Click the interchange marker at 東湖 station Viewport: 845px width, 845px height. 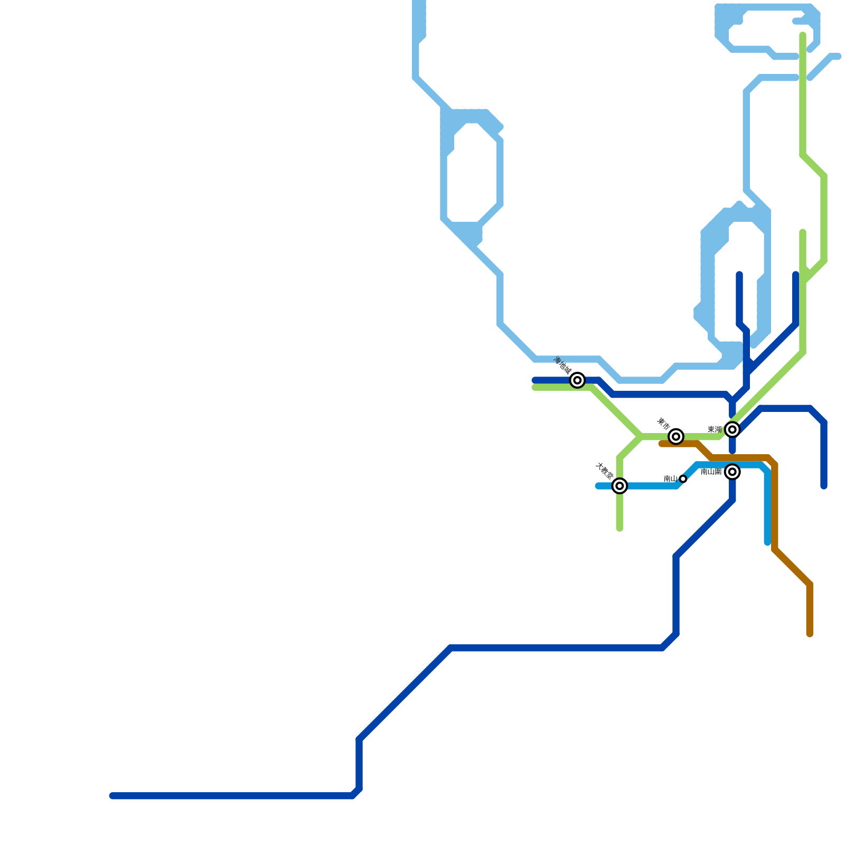[x=732, y=430]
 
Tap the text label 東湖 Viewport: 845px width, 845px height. [x=715, y=430]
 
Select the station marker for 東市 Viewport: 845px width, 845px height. [x=676, y=436]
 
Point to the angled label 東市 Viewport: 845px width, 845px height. [x=663, y=424]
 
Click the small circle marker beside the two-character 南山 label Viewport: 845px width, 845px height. [x=683, y=479]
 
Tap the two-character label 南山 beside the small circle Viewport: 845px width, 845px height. [x=670, y=479]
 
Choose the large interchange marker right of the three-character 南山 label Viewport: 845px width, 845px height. [x=732, y=472]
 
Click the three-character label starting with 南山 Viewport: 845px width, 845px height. [x=711, y=472]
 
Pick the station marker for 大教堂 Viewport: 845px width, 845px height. [x=619, y=486]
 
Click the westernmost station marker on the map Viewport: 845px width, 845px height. [x=578, y=380]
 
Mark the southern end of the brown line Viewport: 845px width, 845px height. [x=810, y=634]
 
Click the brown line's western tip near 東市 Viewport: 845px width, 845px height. [x=661, y=444]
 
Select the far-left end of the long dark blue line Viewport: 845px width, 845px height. [x=112, y=796]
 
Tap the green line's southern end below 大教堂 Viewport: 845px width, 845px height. [x=619, y=529]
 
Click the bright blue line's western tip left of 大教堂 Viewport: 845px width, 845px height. [x=598, y=486]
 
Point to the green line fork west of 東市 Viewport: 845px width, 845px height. [x=641, y=437]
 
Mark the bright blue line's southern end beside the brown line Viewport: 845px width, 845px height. [x=767, y=542]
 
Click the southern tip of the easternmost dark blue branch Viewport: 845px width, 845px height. [x=824, y=486]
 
